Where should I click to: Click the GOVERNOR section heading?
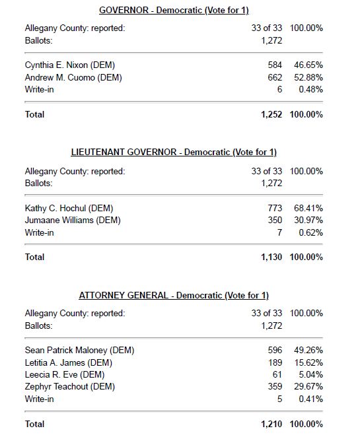[x=174, y=11]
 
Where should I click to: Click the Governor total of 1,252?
[x=271, y=114]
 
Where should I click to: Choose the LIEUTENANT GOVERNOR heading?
[x=174, y=153]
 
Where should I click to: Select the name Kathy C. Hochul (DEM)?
[x=64, y=208]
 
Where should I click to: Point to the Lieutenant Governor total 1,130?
[x=271, y=257]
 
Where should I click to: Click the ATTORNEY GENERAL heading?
[x=174, y=295]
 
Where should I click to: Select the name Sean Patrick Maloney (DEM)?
[x=79, y=350]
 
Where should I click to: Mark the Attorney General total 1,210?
[x=271, y=423]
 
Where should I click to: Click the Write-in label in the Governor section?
[x=40, y=90]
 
